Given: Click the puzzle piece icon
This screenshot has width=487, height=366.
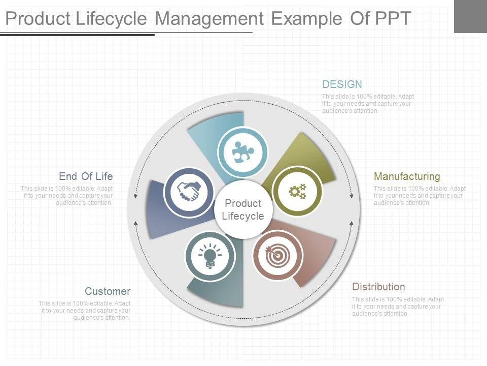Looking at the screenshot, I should pos(243,151).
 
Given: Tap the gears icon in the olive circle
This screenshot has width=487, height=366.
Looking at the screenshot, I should pos(298,191).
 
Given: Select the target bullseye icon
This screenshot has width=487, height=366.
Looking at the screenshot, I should pos(277,256).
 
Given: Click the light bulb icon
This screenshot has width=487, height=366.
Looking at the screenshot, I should pos(210,256).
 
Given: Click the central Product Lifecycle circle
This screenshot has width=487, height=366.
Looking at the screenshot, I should pos(243,209).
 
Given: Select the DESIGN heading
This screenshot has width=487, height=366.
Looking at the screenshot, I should pos(342,84).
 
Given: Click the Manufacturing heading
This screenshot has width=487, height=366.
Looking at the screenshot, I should pos(407,176).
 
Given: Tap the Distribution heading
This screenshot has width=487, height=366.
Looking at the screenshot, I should pos(378,287).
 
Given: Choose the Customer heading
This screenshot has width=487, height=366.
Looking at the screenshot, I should pos(108,291).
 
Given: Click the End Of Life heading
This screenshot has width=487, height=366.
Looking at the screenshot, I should pos(86,176).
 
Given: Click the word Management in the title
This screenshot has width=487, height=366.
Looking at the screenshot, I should pos(209,19).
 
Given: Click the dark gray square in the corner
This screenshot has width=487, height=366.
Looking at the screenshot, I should pos(470,16).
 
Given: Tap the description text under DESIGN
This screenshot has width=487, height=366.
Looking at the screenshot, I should pos(368,104).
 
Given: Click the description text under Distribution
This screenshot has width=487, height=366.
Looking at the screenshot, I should pos(398,307).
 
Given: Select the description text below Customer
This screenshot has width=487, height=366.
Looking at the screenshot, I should pos(85,311).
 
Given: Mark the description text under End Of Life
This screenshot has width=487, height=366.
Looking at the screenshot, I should pos(66,196).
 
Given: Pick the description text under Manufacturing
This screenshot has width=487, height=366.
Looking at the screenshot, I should pos(420,196).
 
